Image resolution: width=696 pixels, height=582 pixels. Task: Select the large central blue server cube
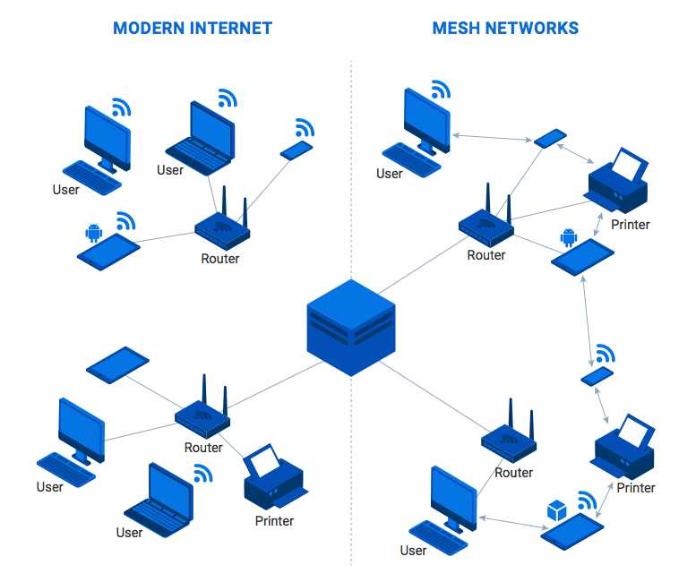(350, 327)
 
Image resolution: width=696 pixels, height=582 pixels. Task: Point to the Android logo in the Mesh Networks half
(567, 237)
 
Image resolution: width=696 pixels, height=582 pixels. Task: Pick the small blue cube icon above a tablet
(556, 511)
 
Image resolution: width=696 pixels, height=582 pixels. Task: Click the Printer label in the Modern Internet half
(274, 520)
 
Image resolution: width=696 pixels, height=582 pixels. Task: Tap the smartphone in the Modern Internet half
(296, 150)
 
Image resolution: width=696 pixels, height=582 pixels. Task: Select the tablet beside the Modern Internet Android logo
(109, 252)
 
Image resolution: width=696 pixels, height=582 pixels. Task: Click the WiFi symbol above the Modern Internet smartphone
(305, 127)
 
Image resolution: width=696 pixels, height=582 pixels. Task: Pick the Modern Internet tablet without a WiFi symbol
(117, 364)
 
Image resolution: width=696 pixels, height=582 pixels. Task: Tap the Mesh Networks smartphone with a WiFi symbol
(597, 376)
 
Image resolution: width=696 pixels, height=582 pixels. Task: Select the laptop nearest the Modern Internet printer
(159, 499)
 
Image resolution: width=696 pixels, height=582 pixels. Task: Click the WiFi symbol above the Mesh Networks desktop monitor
(439, 90)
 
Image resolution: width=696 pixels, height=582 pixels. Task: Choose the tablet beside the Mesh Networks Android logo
(582, 257)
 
